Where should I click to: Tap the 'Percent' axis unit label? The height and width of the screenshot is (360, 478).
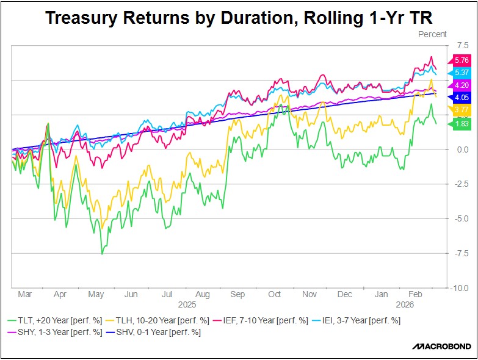click(432, 34)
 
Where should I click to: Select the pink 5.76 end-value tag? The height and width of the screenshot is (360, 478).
click(461, 60)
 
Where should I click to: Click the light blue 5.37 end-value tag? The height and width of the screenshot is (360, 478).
click(461, 72)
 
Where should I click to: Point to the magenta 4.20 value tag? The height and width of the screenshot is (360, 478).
click(461, 85)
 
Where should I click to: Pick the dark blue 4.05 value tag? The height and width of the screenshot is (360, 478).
click(461, 97)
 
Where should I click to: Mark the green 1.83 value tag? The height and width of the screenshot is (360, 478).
click(461, 124)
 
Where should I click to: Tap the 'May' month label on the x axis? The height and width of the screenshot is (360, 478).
click(96, 295)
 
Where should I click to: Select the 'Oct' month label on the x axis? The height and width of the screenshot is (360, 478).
click(274, 295)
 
